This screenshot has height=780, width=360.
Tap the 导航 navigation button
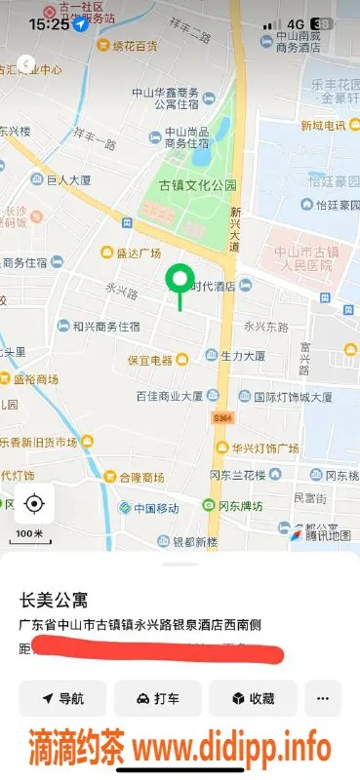coord(61,698)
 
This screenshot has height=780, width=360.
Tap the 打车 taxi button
coord(157,698)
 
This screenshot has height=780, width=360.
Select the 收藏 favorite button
coord(253,698)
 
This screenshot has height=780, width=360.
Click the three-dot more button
coord(323,698)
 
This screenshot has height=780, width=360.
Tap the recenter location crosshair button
coord(34,503)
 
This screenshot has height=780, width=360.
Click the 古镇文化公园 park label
coord(198,184)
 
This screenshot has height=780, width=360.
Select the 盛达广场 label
coord(138,253)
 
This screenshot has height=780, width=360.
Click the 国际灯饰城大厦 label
coord(292,397)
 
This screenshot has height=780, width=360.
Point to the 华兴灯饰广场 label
coord(264,448)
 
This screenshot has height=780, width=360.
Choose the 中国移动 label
coord(156,508)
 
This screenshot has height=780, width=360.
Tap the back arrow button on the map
coord(27,64)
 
